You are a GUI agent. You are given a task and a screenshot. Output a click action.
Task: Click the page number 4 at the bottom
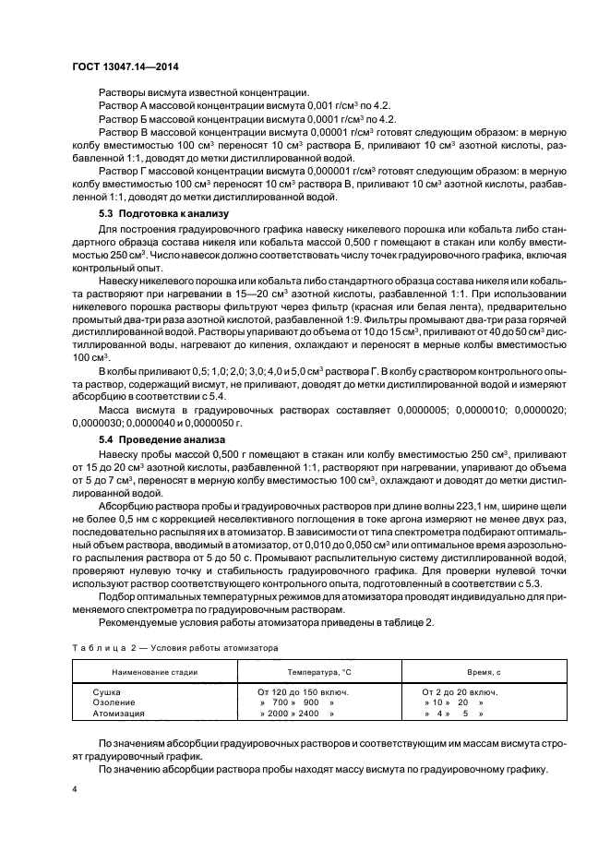pyautogui.click(x=75, y=789)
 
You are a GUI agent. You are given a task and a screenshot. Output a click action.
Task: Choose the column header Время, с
pyautogui.click(x=462, y=673)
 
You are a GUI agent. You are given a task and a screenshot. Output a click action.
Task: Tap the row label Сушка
pyautogui.click(x=108, y=691)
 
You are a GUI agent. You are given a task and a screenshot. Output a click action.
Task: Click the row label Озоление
pyautogui.click(x=114, y=702)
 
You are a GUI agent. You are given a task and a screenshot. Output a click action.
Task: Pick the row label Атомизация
pyautogui.click(x=118, y=714)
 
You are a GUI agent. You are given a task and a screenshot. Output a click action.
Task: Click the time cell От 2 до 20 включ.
pyautogui.click(x=460, y=691)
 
